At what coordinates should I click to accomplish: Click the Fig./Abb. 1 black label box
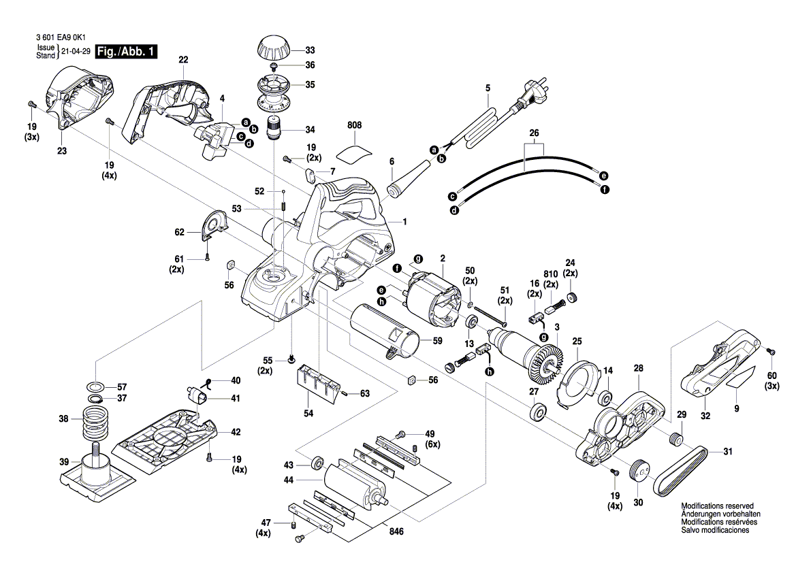pos(127,52)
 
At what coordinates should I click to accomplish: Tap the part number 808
pos(354,126)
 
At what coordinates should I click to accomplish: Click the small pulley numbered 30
pos(639,470)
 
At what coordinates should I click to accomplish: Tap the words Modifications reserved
pos(717,507)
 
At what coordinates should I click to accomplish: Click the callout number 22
pos(183,60)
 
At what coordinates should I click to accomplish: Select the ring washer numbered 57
pos(97,386)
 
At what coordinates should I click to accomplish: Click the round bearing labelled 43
pos(317,464)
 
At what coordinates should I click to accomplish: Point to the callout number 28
pos(638,368)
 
